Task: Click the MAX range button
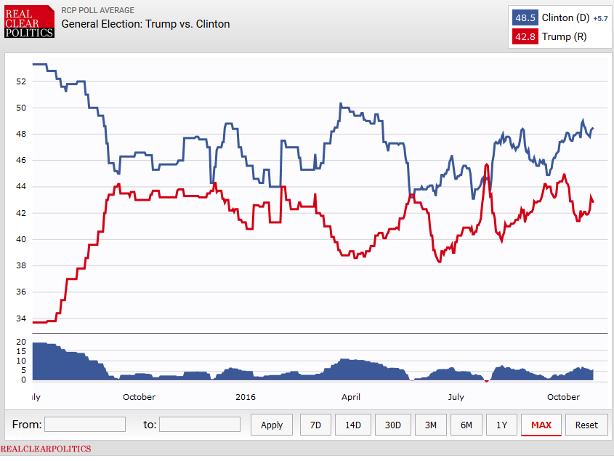pos(541,425)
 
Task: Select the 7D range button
pos(315,425)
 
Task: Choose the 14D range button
pos(352,425)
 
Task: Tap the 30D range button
pos(392,425)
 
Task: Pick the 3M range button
pos(431,425)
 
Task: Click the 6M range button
pos(466,425)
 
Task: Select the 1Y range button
pos(501,425)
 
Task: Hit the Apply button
pos(272,425)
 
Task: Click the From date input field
pos(85,424)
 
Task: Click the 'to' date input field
pos(200,424)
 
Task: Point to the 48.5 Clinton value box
pos(525,18)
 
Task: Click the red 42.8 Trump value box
pos(525,36)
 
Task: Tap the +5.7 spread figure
pos(600,18)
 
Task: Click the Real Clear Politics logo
pos(29,21)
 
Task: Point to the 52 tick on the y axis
pos(21,81)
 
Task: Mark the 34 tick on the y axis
pos(21,318)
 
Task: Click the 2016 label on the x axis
pos(246,397)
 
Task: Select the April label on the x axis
pos(352,397)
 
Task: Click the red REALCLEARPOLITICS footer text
pos(46,449)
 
